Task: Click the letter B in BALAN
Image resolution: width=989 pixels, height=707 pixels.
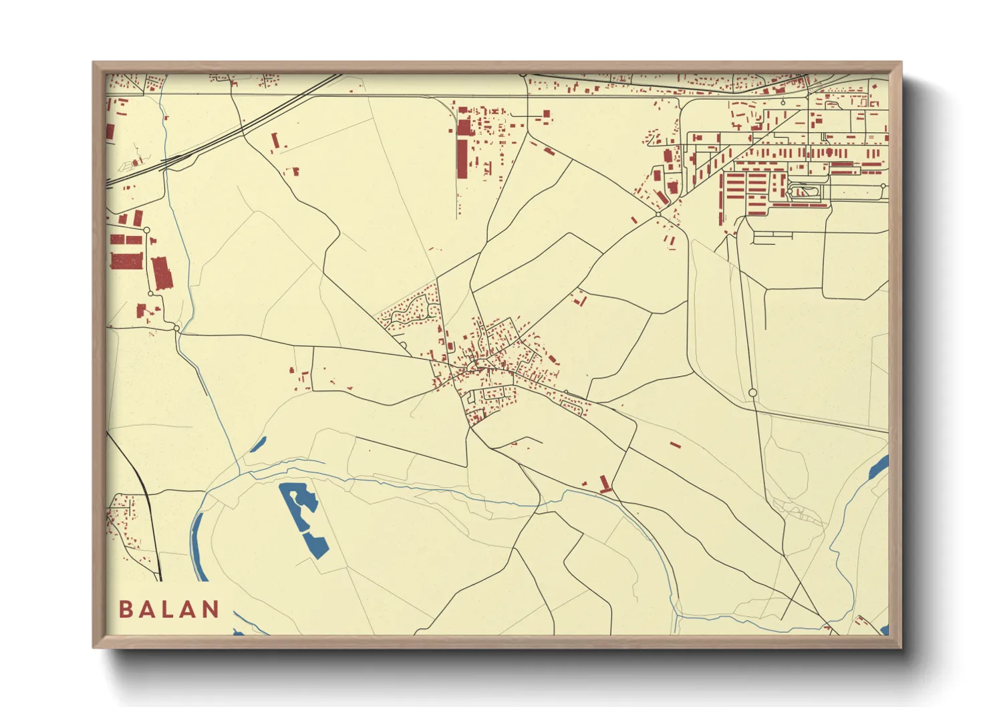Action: (126, 609)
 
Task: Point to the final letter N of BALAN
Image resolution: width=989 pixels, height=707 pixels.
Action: (210, 609)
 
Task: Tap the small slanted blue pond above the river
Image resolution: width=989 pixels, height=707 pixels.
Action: (258, 444)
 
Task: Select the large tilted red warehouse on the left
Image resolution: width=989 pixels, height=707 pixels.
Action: (162, 273)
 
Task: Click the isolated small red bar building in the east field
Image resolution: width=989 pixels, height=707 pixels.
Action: (675, 444)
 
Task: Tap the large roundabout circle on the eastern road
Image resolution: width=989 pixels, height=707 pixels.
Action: (752, 393)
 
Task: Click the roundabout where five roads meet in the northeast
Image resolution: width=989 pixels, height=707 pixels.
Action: (658, 215)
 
